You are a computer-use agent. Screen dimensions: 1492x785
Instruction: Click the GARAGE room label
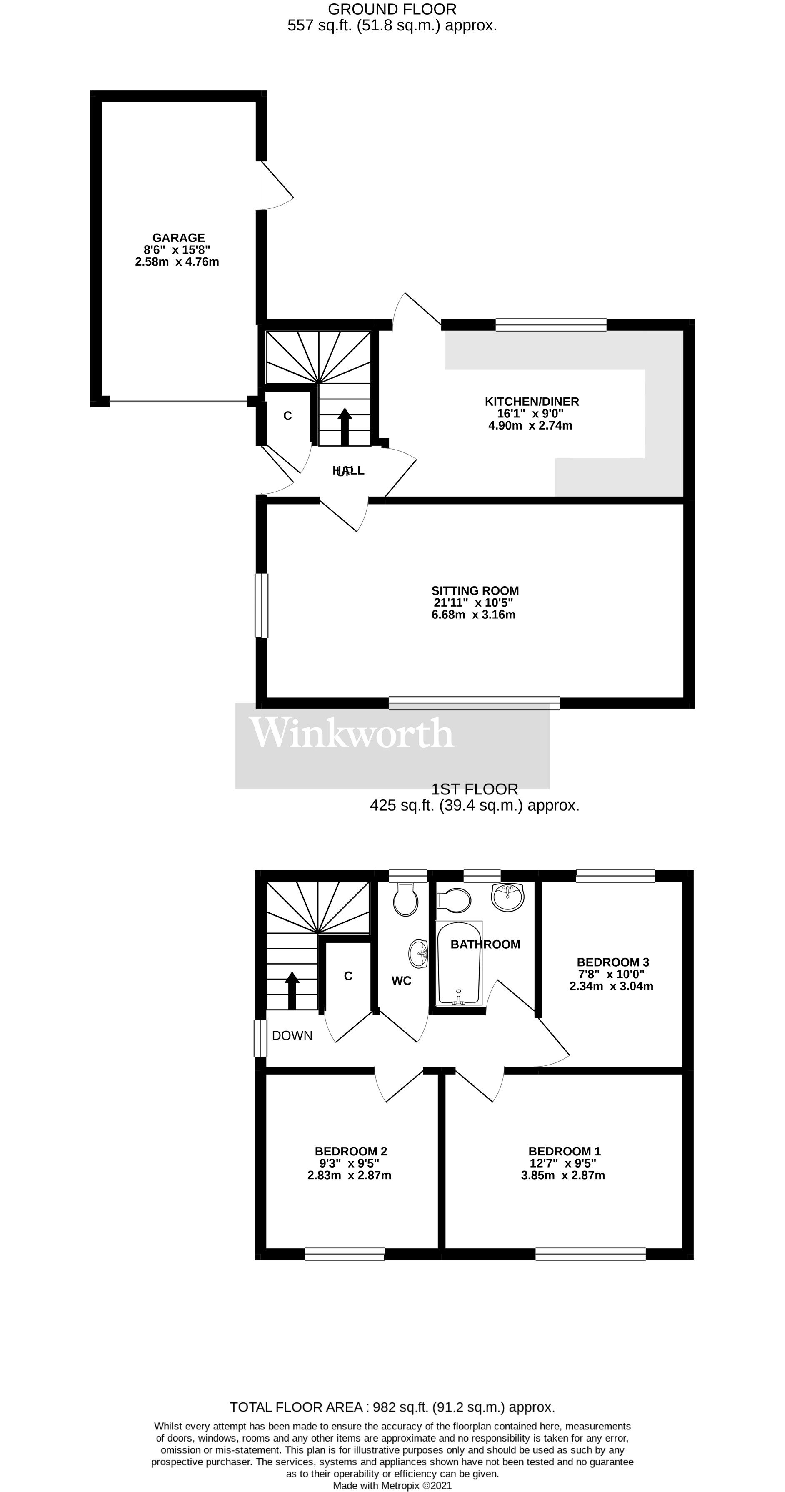(178, 237)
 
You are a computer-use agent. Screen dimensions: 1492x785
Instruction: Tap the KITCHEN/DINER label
(531, 402)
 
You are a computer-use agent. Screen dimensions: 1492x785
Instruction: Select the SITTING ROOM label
(475, 591)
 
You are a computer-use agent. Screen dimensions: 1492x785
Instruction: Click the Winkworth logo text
(351, 734)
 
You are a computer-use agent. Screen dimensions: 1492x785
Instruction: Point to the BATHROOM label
(485, 944)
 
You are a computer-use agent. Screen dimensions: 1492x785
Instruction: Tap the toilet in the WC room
(405, 899)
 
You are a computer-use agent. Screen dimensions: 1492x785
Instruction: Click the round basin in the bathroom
(507, 897)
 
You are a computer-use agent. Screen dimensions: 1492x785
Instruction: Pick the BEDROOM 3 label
(612, 962)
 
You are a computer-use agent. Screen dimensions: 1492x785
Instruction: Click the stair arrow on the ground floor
(345, 426)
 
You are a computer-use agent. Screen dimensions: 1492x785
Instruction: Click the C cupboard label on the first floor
(348, 976)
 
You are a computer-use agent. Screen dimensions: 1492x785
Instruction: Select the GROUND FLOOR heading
(392, 9)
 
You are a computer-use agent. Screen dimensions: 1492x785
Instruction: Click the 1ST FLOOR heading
(474, 789)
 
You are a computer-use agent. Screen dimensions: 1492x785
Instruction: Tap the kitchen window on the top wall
(550, 324)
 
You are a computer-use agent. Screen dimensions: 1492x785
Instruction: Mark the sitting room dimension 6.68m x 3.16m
(474, 615)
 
